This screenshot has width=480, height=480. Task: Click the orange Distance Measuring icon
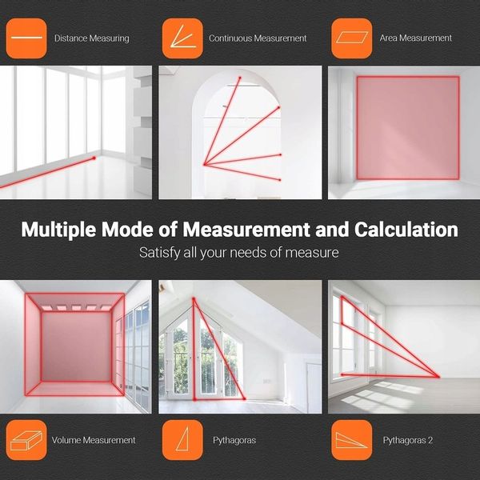tap(26, 38)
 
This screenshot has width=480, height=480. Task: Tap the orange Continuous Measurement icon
tap(182, 38)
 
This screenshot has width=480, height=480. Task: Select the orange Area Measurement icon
tap(352, 38)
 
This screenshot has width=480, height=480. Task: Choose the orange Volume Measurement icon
tap(26, 440)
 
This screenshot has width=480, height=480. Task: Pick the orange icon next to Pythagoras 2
tap(352, 440)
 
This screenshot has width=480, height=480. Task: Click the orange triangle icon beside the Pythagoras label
tap(182, 440)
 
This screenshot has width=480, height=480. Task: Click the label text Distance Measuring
tap(92, 38)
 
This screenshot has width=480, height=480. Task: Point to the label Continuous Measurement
tap(258, 38)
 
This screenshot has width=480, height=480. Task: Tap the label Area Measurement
tap(416, 38)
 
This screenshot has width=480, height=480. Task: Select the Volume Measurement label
tap(94, 440)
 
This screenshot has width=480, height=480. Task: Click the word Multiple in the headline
tap(58, 230)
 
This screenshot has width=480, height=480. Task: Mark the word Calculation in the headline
tap(406, 230)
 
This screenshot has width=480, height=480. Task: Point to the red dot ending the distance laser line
tap(94, 158)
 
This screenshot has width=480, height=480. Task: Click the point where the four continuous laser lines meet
tap(205, 165)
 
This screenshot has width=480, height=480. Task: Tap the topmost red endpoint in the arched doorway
tap(240, 78)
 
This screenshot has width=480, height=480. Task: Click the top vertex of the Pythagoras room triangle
tap(194, 298)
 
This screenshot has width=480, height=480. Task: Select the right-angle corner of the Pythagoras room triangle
tap(194, 399)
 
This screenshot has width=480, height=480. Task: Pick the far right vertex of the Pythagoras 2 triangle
tap(438, 377)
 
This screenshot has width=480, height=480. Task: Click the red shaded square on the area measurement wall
tap(408, 128)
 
